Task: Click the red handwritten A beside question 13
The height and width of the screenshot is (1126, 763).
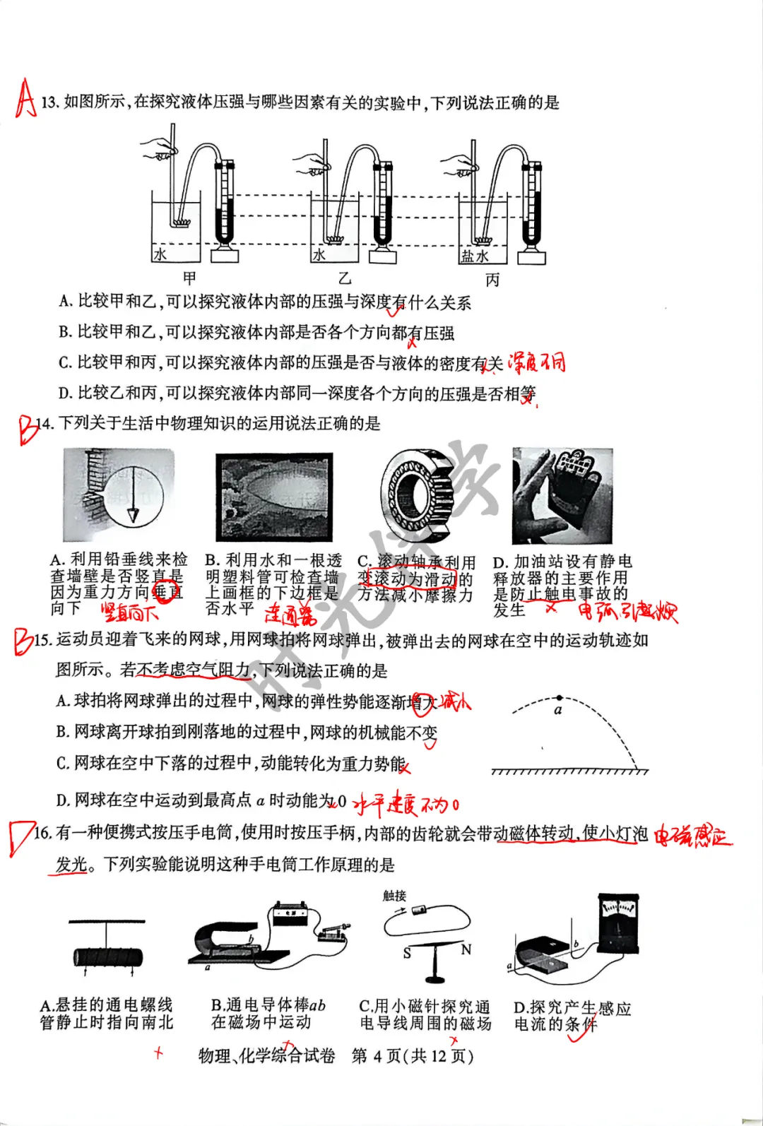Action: click(x=25, y=98)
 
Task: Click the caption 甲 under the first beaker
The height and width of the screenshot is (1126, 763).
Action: click(x=189, y=278)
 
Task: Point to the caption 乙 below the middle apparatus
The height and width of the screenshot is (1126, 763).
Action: click(x=344, y=278)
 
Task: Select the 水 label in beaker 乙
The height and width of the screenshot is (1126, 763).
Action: click(x=319, y=255)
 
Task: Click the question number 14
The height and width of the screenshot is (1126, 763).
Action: click(x=44, y=424)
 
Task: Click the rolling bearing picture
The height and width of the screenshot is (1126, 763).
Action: click(x=415, y=494)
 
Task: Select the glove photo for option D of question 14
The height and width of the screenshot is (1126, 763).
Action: click(x=562, y=495)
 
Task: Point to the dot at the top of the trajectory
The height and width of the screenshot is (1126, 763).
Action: click(x=560, y=698)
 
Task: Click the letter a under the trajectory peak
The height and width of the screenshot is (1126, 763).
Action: click(x=558, y=711)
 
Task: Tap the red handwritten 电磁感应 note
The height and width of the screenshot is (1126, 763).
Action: click(x=692, y=836)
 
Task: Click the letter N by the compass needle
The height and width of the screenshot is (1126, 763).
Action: click(x=466, y=949)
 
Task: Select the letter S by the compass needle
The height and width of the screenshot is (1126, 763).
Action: click(x=407, y=953)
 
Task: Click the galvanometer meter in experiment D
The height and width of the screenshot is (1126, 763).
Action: click(x=618, y=922)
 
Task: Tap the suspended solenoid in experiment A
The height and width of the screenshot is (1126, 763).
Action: click(x=107, y=958)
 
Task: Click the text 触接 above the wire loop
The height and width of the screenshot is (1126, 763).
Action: click(x=394, y=896)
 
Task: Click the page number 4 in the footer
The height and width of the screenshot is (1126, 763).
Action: click(x=377, y=1056)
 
